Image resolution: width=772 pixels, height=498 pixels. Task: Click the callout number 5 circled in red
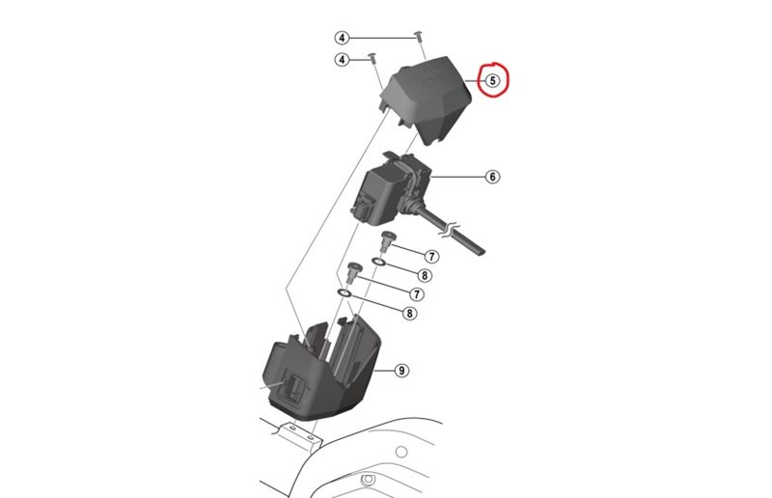tap(492, 81)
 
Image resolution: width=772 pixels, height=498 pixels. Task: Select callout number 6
tap(492, 177)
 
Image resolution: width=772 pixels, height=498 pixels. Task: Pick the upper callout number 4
tap(342, 38)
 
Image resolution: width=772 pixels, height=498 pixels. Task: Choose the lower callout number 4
tap(342, 60)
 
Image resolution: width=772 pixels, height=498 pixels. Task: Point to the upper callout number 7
tap(431, 257)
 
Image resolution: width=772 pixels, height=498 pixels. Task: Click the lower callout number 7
tap(417, 293)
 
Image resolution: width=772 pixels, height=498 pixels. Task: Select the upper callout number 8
tap(425, 275)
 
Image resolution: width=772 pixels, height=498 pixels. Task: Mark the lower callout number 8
tap(410, 313)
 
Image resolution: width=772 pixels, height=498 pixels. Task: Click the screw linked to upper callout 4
tap(419, 36)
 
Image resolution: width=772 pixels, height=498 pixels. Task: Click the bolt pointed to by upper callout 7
tap(389, 239)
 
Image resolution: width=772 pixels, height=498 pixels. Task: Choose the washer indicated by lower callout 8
tap(345, 291)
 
